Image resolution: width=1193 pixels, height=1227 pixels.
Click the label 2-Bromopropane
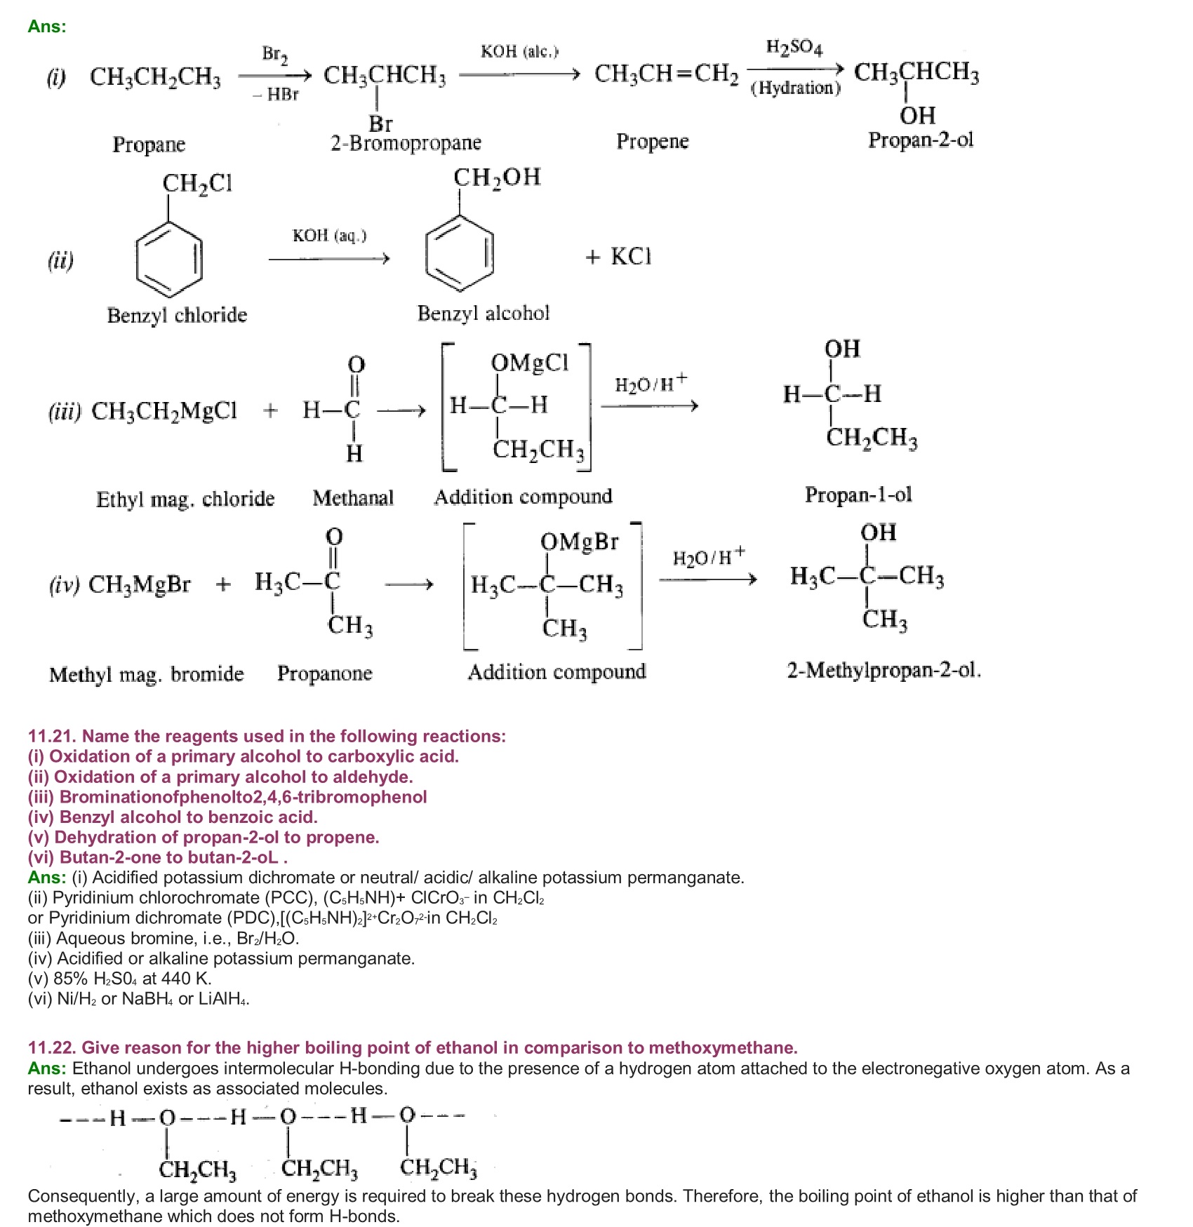(406, 144)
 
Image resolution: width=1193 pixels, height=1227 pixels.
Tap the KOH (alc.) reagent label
(519, 52)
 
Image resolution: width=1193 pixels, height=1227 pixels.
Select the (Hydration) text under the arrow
(795, 88)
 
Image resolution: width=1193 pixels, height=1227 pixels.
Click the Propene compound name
(652, 142)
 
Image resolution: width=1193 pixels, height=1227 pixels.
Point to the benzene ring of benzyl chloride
(169, 259)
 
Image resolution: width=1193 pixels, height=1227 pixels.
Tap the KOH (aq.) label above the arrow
(329, 236)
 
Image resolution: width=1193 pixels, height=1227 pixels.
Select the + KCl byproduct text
(618, 257)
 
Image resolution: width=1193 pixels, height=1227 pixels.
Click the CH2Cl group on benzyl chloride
(197, 184)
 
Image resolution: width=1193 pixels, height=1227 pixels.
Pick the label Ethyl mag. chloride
(185, 499)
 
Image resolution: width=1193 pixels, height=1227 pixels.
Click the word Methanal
(353, 498)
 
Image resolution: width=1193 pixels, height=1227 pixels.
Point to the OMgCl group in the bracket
(529, 363)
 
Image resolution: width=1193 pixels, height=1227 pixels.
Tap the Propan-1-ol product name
(858, 495)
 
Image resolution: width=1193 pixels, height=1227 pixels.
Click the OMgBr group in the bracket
(579, 542)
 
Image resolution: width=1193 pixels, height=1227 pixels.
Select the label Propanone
(324, 673)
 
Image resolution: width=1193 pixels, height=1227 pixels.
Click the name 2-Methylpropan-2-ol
(883, 671)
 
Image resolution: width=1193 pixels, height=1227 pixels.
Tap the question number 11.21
(53, 736)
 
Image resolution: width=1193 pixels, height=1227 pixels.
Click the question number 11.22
(53, 1047)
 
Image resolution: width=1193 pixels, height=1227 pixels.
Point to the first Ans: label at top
(47, 27)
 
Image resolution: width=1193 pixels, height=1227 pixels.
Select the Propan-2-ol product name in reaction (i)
(921, 140)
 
